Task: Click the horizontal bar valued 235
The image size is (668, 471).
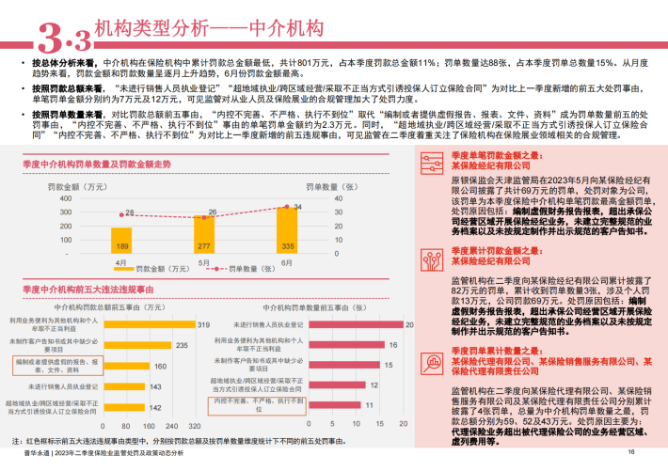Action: coord(148,345)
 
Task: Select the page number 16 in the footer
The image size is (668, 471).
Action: coord(632,452)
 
